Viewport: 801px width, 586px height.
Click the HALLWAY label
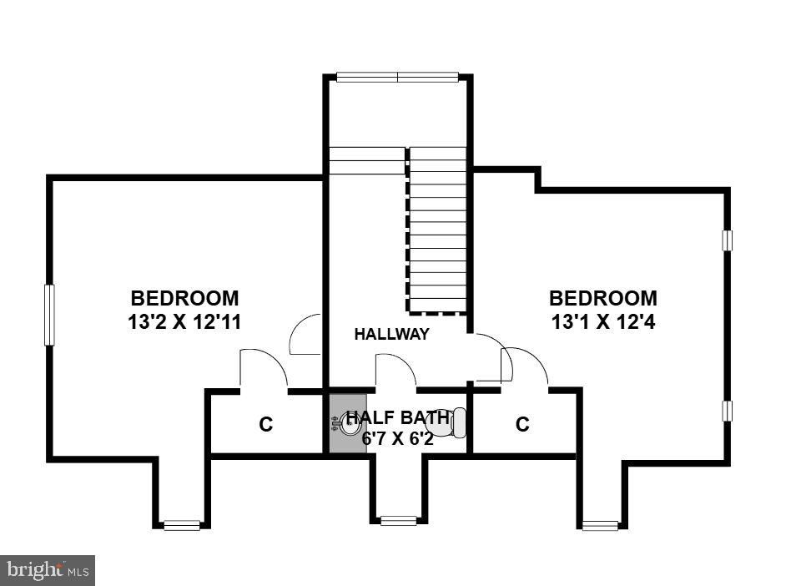point(391,335)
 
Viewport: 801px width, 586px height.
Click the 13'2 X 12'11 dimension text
point(184,322)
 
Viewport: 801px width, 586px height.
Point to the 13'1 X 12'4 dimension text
point(602,322)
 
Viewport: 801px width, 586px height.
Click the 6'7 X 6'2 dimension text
point(398,437)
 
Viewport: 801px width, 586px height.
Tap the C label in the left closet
point(265,425)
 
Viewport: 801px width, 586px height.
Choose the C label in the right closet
point(522,425)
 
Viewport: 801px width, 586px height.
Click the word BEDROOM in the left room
point(184,298)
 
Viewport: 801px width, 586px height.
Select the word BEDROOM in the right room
point(602,298)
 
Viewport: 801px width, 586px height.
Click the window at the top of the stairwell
point(397,78)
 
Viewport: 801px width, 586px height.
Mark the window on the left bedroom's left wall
point(49,315)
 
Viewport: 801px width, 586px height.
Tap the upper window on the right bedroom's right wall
point(727,240)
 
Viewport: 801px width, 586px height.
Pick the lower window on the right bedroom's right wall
point(727,411)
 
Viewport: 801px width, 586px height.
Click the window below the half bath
point(398,521)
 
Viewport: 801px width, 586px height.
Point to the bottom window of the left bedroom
point(182,525)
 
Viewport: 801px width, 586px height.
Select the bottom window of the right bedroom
point(600,525)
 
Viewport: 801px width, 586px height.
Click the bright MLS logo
point(48,570)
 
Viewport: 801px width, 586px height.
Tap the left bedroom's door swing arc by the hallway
point(306,334)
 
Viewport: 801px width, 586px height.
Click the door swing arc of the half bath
point(396,369)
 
